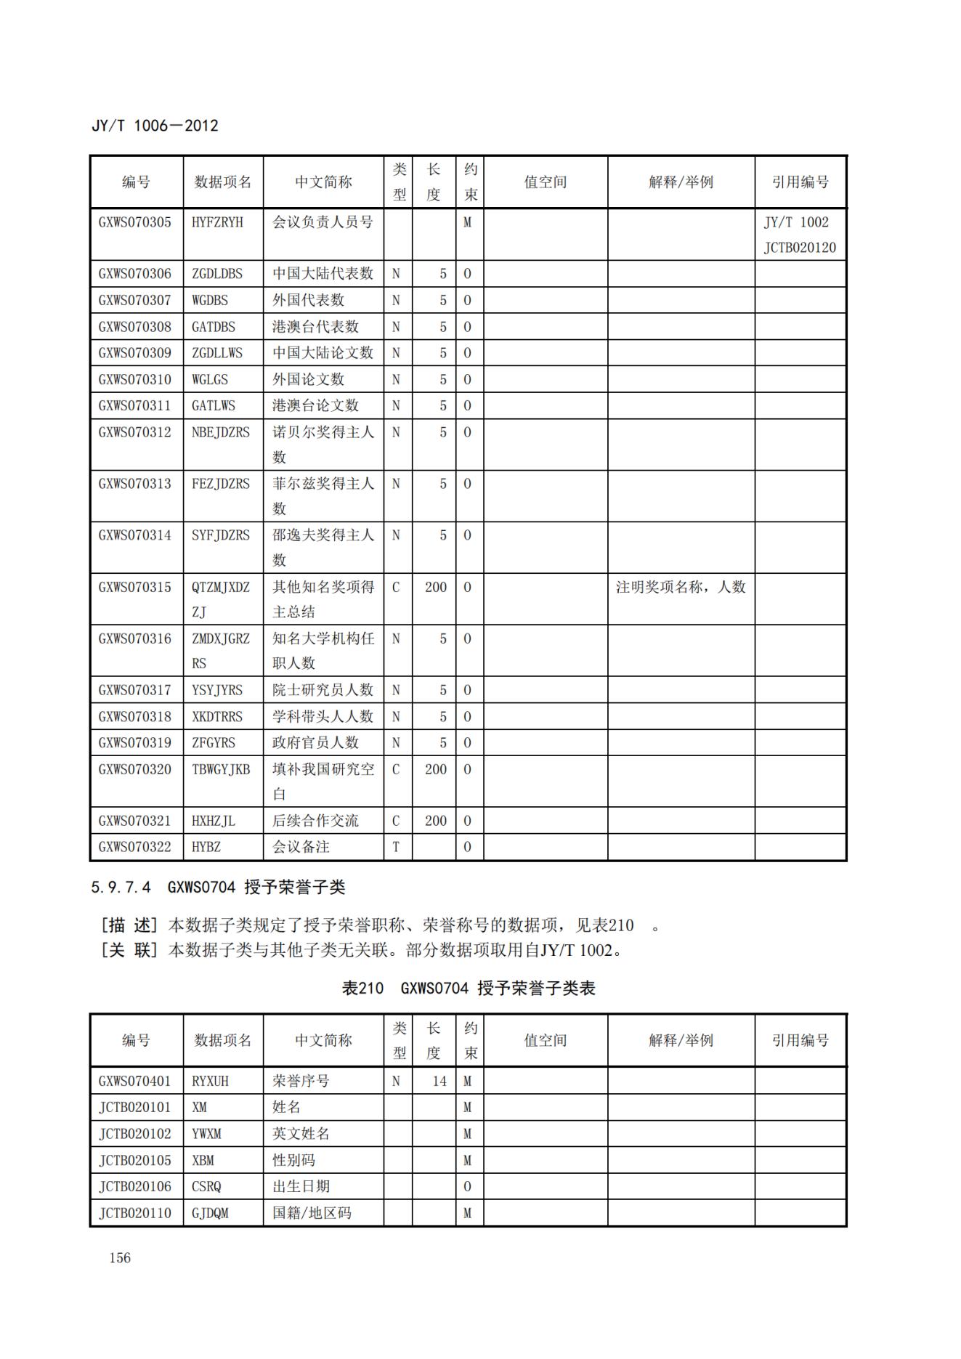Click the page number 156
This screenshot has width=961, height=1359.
pos(120,1258)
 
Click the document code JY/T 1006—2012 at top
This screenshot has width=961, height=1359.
pos(155,126)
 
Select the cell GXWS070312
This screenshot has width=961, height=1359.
pos(135,432)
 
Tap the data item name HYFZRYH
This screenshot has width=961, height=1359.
pos(217,222)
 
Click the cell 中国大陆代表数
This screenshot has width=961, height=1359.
pos(323,274)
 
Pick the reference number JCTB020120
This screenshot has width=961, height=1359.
pos(799,248)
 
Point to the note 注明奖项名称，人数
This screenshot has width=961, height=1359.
pos(681,587)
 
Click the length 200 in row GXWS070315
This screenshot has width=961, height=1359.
pos(435,587)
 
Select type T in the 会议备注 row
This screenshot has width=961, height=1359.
pos(396,847)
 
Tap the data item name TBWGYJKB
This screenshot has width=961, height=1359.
pos(221,769)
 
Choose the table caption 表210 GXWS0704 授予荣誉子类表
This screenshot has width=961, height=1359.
pos(469,988)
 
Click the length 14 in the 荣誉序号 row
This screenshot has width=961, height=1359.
pos(439,1081)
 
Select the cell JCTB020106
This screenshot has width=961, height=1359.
pos(135,1186)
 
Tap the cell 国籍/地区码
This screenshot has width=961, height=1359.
pos(312,1213)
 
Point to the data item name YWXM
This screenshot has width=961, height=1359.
pos(206,1134)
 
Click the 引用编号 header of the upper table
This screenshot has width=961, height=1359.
pos(800,182)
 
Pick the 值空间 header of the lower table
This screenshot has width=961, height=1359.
pos(545,1040)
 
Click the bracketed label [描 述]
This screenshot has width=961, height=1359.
pos(129,925)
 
